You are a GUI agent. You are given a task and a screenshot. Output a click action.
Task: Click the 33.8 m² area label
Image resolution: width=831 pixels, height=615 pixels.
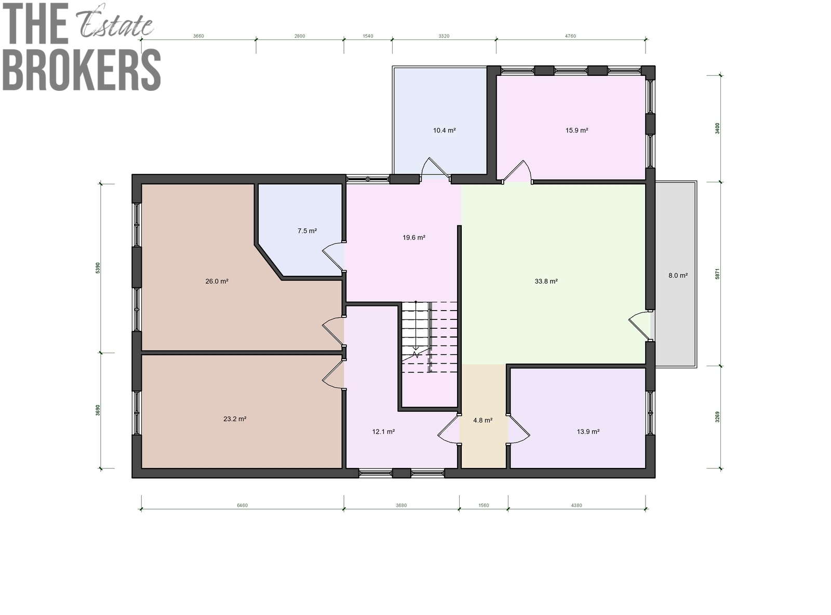546,281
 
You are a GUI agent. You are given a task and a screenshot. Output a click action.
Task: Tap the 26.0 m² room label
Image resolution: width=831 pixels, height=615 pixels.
217,281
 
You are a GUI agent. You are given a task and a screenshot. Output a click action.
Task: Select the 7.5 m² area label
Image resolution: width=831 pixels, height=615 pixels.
307,231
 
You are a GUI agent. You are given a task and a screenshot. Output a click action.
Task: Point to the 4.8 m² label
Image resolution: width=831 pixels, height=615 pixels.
482,420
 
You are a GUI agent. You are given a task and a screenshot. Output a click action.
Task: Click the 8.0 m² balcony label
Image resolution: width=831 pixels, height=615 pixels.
678,275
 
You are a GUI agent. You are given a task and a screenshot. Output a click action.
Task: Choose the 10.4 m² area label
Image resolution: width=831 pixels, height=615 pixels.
444,130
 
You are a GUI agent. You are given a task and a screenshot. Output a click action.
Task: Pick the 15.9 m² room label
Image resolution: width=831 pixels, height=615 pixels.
577,130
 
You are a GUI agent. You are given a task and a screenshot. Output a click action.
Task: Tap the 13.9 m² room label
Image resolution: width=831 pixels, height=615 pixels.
588,431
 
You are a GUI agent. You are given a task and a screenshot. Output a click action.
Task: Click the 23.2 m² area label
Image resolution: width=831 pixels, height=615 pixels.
235,419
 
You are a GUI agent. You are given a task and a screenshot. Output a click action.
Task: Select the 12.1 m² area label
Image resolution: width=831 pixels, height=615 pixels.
383,431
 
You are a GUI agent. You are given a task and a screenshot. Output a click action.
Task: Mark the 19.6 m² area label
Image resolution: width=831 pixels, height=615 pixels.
413,237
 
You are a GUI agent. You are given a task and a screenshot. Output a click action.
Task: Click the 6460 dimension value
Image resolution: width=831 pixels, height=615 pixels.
242,505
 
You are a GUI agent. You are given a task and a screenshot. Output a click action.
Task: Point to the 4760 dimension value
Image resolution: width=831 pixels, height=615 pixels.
570,36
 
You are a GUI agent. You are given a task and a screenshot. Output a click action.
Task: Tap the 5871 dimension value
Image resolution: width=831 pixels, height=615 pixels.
717,274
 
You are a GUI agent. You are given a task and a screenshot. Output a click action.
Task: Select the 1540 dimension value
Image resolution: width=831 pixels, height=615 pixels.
368,36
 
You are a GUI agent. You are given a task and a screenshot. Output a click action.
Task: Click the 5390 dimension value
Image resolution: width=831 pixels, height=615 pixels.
98,268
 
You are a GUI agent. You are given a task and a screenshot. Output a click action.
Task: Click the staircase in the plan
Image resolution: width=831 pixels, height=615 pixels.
430,337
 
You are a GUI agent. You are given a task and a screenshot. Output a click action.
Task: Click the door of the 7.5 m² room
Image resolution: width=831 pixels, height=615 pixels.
333,257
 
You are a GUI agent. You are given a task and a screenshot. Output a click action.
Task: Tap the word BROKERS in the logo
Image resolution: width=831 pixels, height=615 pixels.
82,70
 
